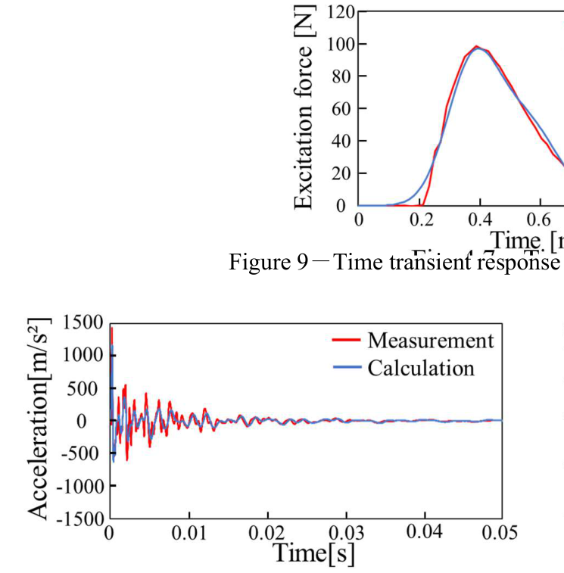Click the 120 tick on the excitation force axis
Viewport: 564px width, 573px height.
(x=341, y=12)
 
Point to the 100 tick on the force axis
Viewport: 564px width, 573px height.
(x=341, y=44)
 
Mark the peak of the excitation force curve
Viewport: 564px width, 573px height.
(x=477, y=46)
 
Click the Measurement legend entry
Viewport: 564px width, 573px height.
(x=430, y=340)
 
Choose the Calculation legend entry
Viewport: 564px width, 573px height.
(x=421, y=368)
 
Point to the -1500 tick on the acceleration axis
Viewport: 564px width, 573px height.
(x=79, y=519)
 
